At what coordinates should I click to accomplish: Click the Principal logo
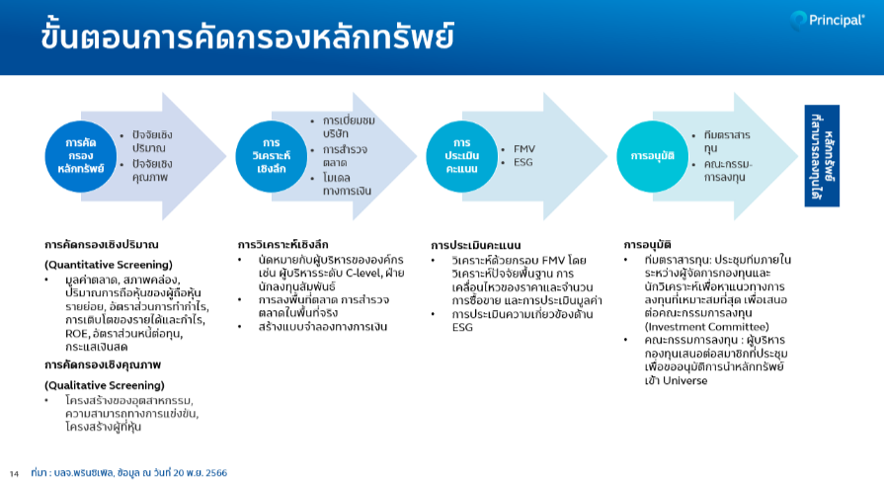click(x=827, y=21)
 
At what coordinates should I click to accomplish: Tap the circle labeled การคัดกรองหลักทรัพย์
click(x=81, y=156)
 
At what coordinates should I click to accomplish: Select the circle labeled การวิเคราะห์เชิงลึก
click(x=272, y=156)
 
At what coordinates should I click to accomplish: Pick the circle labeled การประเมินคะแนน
click(x=461, y=156)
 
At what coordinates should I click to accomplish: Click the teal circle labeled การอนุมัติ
click(x=652, y=156)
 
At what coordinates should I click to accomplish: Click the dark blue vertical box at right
click(x=822, y=156)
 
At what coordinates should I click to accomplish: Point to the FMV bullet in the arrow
click(x=523, y=149)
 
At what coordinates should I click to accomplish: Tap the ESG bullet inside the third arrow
click(x=522, y=162)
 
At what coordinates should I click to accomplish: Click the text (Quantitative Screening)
click(x=109, y=265)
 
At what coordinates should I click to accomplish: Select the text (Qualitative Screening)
click(x=105, y=385)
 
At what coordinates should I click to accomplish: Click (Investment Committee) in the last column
click(x=706, y=327)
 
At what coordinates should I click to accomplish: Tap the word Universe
click(x=685, y=380)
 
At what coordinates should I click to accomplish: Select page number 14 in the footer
click(x=14, y=474)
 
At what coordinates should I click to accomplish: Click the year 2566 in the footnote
click(x=216, y=472)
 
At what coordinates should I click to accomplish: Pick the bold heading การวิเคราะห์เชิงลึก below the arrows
click(x=282, y=245)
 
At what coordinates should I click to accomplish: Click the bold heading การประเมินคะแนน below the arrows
click(x=476, y=245)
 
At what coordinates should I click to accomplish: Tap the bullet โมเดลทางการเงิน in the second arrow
click(x=347, y=185)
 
